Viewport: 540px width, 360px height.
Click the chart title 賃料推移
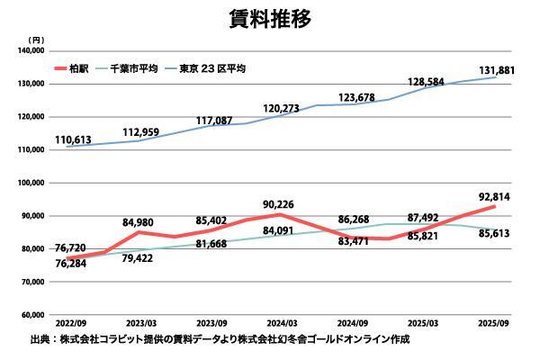(269, 19)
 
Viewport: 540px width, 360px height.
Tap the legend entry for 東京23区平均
(212, 67)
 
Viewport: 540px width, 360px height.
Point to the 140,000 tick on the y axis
(31, 50)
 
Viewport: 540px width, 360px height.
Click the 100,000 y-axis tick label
(31, 183)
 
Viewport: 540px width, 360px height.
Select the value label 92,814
(494, 195)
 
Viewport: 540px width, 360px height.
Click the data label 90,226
(280, 202)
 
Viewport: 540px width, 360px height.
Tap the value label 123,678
(359, 97)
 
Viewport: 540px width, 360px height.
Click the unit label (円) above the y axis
(35, 40)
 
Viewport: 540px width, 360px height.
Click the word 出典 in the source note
(40, 341)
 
